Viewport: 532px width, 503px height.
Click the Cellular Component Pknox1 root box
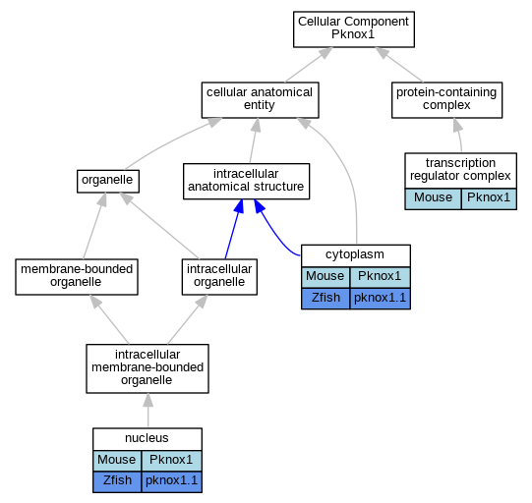[x=354, y=29]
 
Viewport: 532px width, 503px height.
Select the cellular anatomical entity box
[x=260, y=100]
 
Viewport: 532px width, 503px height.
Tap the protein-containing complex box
[x=446, y=100]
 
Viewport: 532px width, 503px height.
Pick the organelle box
[x=108, y=182]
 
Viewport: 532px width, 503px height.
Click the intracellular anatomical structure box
[x=246, y=182]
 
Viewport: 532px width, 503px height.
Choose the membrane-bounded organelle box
[x=77, y=277]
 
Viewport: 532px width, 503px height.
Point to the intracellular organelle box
[x=219, y=277]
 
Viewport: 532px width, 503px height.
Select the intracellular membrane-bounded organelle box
[x=148, y=368]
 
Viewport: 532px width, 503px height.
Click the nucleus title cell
[x=148, y=439]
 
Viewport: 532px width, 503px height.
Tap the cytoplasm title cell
[x=356, y=255]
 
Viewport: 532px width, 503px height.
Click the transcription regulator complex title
[x=460, y=171]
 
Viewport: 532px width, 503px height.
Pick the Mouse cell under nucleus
[x=117, y=461]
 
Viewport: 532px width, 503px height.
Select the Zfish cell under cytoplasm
[x=325, y=299]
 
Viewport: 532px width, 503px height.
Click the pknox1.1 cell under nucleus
[x=172, y=481]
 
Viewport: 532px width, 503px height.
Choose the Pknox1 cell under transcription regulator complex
[x=489, y=199]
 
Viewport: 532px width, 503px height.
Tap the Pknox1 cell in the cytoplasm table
[x=380, y=277]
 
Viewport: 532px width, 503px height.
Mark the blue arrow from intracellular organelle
[x=234, y=229]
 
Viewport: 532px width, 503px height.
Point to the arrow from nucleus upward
[x=148, y=411]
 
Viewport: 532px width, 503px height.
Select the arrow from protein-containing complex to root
[x=399, y=65]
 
